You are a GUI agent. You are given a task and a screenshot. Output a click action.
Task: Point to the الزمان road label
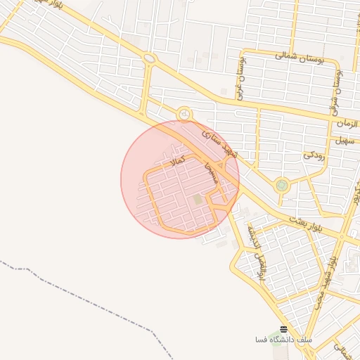[345, 124]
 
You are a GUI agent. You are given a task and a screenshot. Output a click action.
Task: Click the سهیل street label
[343, 140]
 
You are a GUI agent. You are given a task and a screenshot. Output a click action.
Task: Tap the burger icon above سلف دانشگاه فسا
[283, 330]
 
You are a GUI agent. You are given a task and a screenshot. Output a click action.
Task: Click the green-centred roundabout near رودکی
[282, 186]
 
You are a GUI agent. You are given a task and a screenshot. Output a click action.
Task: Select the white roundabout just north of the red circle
[184, 114]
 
